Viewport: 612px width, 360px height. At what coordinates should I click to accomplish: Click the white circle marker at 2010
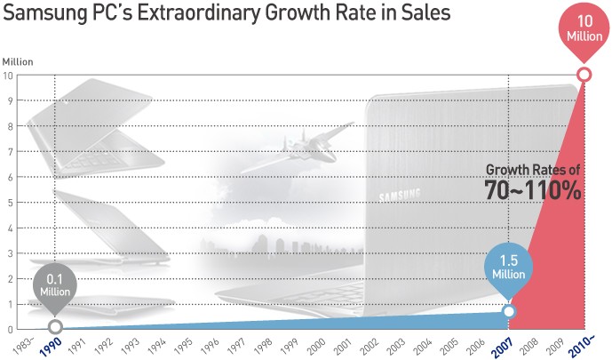pyautogui.click(x=584, y=75)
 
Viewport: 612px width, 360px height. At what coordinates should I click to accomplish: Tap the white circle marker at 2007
pyautogui.click(x=508, y=311)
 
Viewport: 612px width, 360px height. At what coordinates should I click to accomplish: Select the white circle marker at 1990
pyautogui.click(x=55, y=327)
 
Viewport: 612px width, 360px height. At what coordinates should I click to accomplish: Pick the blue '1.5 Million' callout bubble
pyautogui.click(x=509, y=268)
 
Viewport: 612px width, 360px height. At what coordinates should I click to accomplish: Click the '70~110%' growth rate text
pyautogui.click(x=533, y=189)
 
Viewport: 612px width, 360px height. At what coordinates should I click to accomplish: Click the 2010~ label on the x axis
pyautogui.click(x=577, y=346)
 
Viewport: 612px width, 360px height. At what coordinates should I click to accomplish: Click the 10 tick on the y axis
pyautogui.click(x=8, y=75)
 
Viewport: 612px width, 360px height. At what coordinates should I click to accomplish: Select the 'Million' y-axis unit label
pyautogui.click(x=17, y=61)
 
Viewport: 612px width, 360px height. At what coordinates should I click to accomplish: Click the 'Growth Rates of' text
pyautogui.click(x=533, y=169)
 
